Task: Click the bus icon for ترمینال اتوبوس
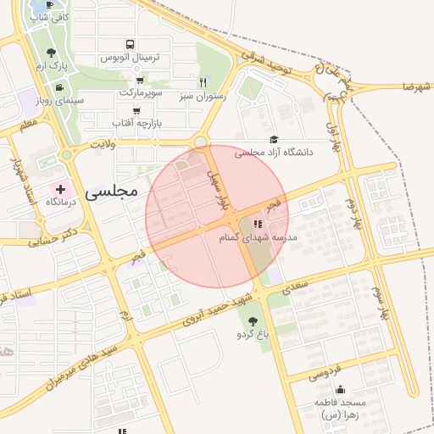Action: click(x=129, y=45)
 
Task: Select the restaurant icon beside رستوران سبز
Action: click(x=202, y=83)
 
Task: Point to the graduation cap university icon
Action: click(x=274, y=140)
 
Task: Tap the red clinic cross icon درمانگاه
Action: click(x=60, y=187)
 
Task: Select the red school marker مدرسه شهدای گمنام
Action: click(x=258, y=224)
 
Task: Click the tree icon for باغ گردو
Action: click(x=253, y=321)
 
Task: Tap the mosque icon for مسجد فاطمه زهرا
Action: click(x=340, y=389)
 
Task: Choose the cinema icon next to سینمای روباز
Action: click(x=58, y=87)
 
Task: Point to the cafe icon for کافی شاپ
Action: click(x=49, y=5)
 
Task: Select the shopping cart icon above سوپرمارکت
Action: click(x=138, y=80)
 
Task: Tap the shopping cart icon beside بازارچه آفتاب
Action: click(x=136, y=111)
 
